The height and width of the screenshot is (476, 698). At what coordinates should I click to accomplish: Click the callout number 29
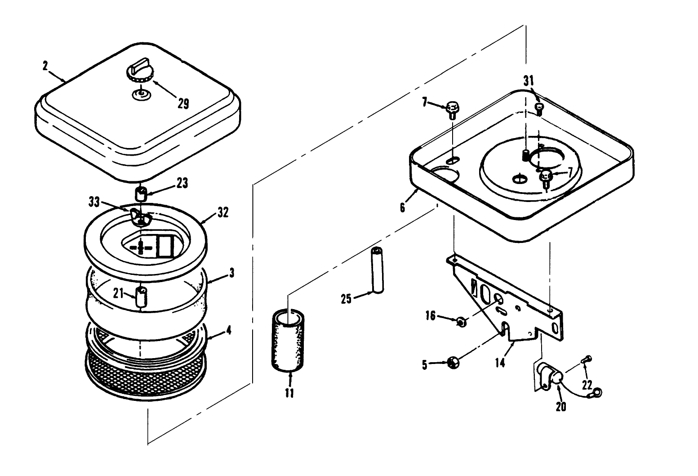pos(183,104)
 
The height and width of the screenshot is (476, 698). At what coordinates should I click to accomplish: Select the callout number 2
pos(45,66)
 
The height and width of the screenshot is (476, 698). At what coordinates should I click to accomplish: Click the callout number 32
pos(222,212)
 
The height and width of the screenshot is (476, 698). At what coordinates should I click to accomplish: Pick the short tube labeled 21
pos(141,297)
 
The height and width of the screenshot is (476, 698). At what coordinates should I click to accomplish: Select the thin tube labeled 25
pos(377,270)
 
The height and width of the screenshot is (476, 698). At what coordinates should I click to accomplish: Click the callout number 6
pos(402,207)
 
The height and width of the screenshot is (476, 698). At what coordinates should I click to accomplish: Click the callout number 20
pos(561,406)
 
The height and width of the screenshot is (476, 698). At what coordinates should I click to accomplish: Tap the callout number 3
pos(231,273)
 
